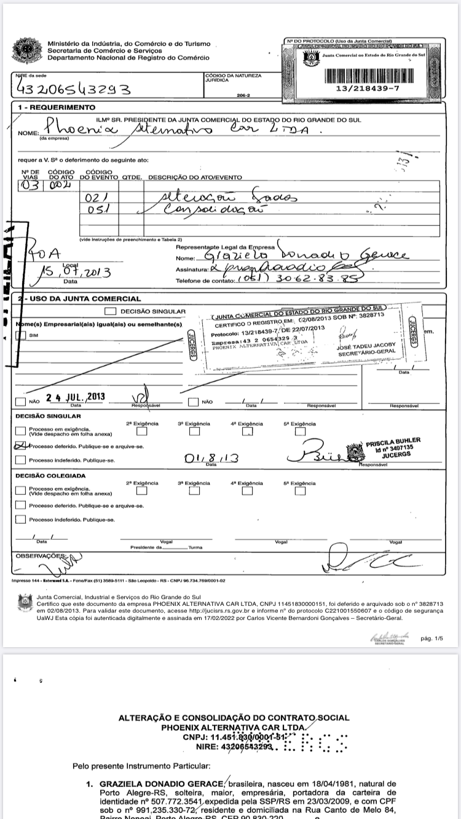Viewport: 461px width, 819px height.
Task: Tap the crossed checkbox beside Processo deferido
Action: click(x=20, y=446)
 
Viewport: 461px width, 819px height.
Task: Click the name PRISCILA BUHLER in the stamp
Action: click(x=393, y=441)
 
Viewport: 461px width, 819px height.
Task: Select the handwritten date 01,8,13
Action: click(x=211, y=457)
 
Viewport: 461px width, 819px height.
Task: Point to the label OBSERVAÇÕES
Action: click(x=41, y=556)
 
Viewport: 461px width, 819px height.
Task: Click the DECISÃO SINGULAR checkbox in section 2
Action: click(x=111, y=311)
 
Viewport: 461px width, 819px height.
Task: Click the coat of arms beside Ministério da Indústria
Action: click(x=26, y=50)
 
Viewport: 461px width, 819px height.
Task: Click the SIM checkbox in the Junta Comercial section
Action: click(x=20, y=335)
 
